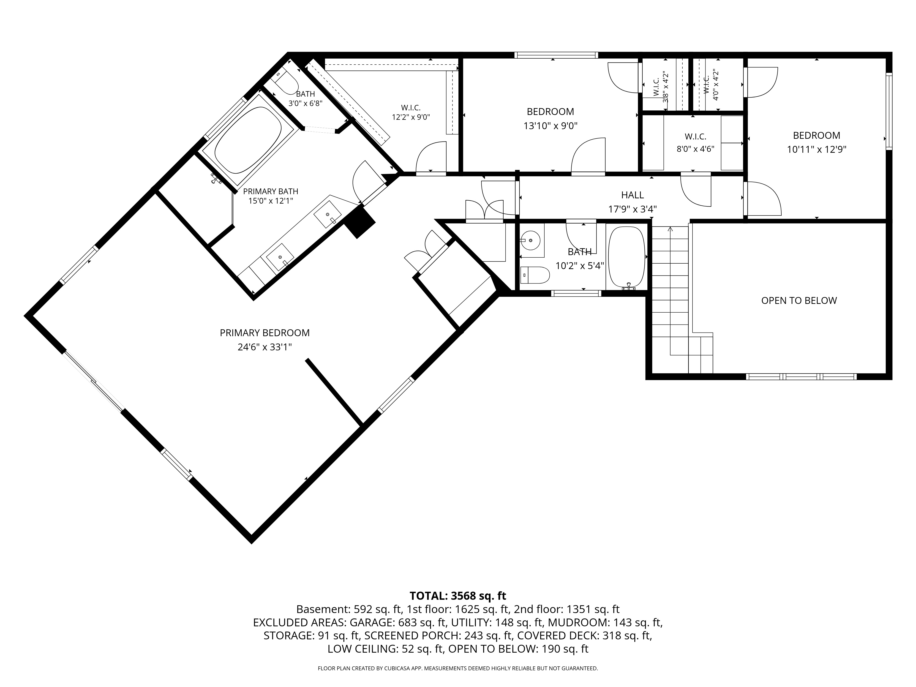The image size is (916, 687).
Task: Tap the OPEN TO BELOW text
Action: click(x=799, y=301)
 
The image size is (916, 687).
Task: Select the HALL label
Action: click(x=632, y=195)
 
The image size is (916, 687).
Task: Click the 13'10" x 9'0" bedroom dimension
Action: click(x=550, y=125)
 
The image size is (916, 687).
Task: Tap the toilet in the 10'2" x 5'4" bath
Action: click(x=535, y=275)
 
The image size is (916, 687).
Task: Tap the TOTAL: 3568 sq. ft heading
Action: click(x=458, y=596)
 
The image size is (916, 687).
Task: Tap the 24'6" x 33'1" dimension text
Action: click(x=265, y=347)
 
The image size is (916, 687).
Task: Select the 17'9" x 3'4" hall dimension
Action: click(x=632, y=209)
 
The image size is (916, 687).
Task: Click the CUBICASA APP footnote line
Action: click(x=458, y=668)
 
